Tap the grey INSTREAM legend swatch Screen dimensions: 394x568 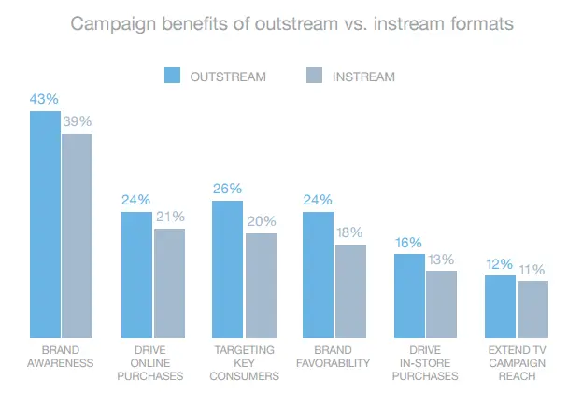tap(316, 77)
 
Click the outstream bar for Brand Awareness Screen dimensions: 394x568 tap(45, 224)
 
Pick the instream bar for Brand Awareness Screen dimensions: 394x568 tap(78, 235)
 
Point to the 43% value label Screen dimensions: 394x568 tap(45, 99)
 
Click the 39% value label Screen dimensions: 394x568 tap(78, 121)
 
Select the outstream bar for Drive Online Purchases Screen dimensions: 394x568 tap(136, 274)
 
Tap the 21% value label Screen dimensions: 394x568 tap(169, 217)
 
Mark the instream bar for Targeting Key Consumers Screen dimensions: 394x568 tap(261, 286)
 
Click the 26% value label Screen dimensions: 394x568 tap(228, 190)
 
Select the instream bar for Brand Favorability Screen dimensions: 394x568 tap(351, 291)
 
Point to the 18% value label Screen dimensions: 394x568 tap(351, 232)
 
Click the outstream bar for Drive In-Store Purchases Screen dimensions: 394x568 tap(409, 295)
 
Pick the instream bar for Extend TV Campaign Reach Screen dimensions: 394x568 tap(532, 309)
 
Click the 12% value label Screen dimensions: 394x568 tap(501, 264)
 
